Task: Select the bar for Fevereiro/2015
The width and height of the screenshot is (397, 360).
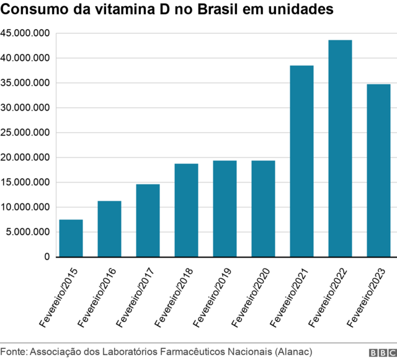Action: coord(71,238)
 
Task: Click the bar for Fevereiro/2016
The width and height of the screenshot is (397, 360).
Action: coord(109,229)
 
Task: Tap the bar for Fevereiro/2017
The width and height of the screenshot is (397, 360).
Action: coord(148,220)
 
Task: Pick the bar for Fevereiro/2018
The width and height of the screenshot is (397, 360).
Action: coord(186,210)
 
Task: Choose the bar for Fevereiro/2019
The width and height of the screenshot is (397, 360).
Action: coord(225,209)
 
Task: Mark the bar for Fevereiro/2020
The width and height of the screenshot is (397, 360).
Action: coord(263,209)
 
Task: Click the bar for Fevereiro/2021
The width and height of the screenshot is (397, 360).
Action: coord(301,161)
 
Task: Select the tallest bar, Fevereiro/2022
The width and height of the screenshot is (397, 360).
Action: coord(340,148)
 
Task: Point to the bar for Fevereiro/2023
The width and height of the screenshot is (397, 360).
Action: coord(378,171)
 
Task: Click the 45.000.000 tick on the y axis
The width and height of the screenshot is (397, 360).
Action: coord(25,34)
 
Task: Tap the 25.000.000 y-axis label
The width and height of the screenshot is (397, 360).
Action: coord(25,133)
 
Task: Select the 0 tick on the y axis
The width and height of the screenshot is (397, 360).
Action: coord(47,257)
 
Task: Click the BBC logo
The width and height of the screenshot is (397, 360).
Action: coord(381,352)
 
